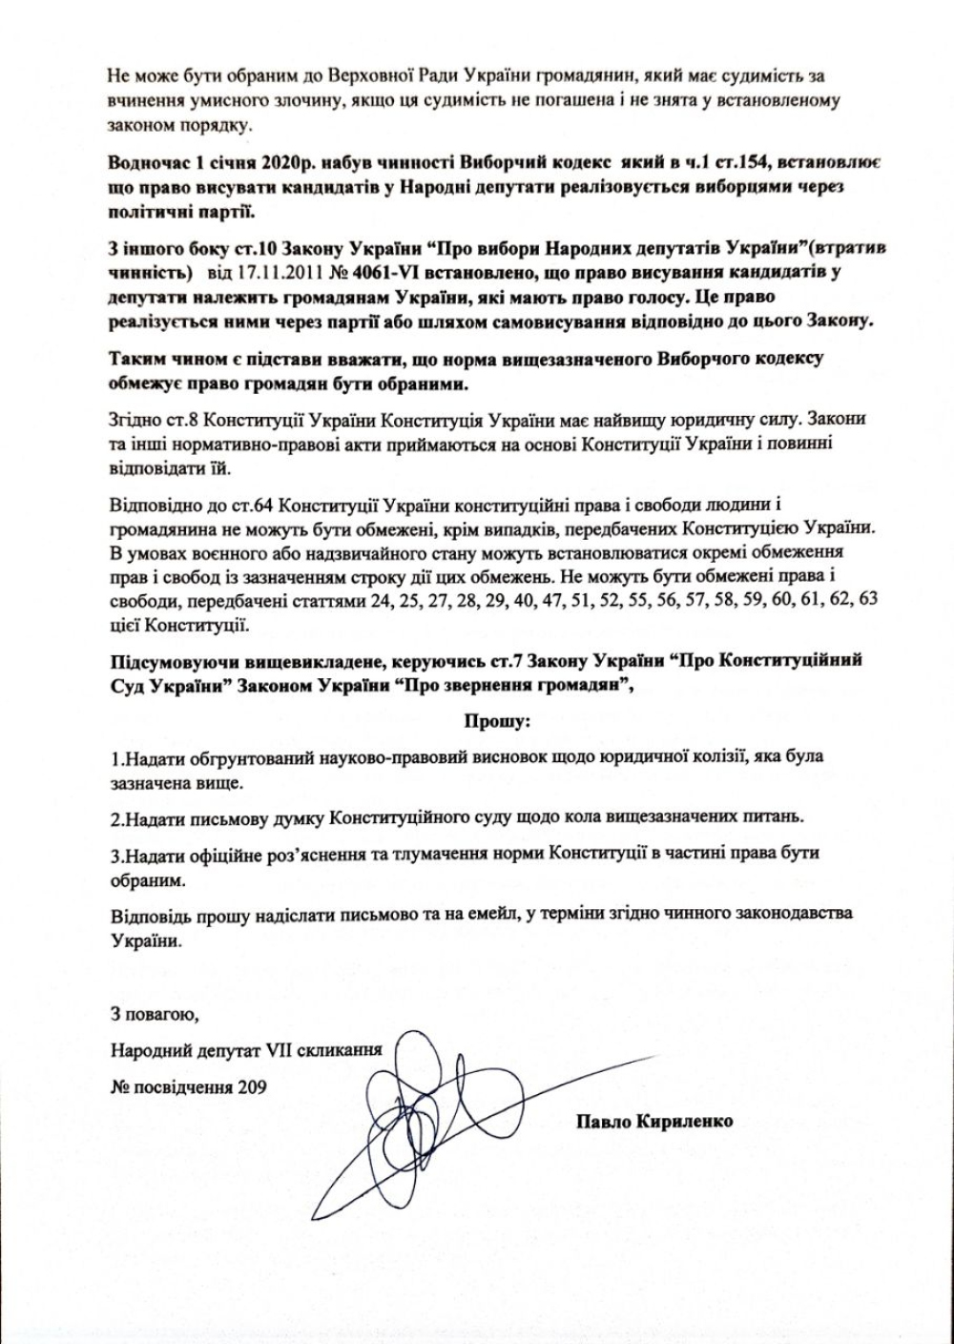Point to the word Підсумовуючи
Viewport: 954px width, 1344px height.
[169, 660]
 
